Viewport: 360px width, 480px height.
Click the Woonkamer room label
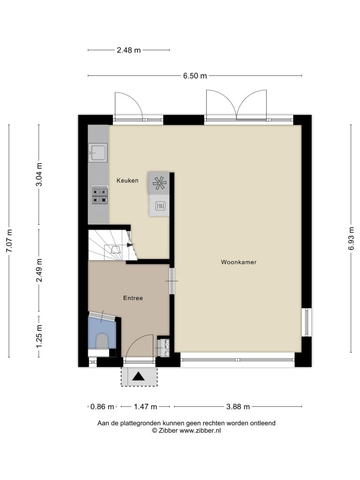239,262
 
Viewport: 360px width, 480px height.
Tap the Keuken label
127,180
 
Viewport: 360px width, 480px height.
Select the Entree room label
133,298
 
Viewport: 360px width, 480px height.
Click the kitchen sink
98,153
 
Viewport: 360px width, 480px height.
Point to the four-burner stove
99,195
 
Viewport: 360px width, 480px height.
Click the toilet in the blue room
102,341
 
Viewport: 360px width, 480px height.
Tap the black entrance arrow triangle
138,376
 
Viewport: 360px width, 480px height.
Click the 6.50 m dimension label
195,75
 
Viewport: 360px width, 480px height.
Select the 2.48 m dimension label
129,50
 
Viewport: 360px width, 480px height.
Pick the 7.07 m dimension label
9,241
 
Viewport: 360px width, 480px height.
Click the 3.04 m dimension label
39,174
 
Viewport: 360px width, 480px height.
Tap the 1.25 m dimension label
39,336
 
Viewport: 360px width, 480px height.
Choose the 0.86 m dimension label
102,406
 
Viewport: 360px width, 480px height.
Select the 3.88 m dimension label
238,406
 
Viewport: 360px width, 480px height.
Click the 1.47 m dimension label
145,406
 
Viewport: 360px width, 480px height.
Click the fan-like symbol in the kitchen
159,183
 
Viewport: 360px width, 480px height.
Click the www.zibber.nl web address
200,431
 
